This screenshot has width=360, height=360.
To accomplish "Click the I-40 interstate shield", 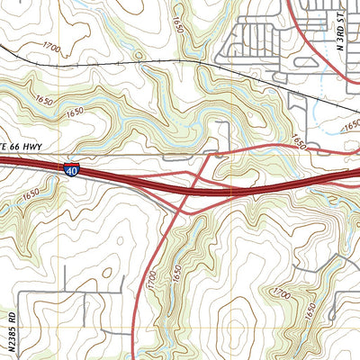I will (72, 168).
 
